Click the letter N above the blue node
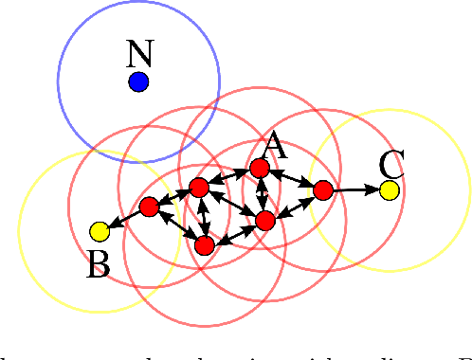tap(138, 53)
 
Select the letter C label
tap(391, 164)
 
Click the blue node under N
tap(139, 82)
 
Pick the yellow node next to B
tap(100, 231)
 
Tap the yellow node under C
tap(389, 190)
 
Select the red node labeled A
tap(259, 169)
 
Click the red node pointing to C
tap(322, 190)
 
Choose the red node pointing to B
tap(149, 206)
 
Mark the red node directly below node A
tap(265, 221)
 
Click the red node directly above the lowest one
tap(198, 188)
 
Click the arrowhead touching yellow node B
tap(114, 225)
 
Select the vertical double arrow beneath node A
tap(262, 194)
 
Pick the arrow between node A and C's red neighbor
tap(291, 179)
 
